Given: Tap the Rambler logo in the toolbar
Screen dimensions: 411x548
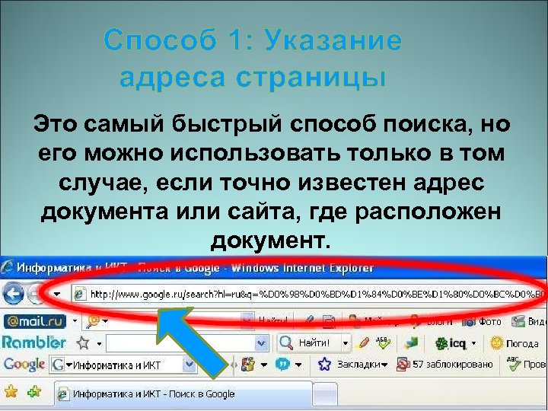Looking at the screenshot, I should pos(34,342).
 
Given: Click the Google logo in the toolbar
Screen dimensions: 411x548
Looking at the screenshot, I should pos(24,365).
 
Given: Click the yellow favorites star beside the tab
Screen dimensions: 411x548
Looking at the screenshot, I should pos(11,393).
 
